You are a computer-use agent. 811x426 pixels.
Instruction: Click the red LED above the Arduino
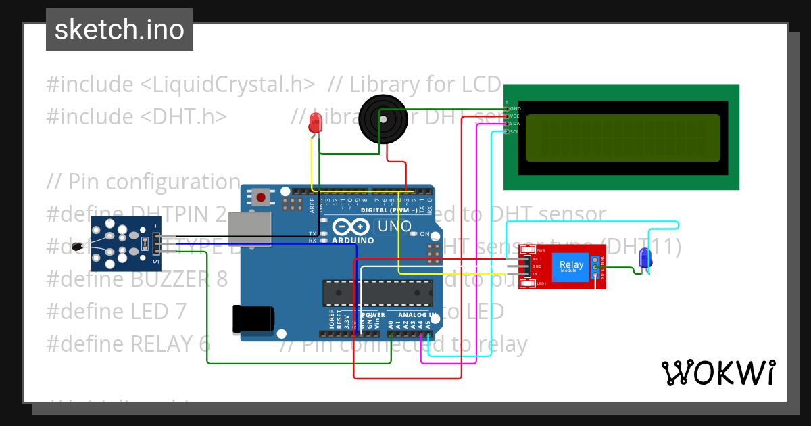point(315,124)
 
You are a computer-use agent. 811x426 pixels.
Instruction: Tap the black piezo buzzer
point(382,119)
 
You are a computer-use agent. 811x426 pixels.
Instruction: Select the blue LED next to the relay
point(645,258)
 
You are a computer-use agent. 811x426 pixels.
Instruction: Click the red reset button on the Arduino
point(261,198)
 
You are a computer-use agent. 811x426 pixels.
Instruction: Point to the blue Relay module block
point(570,267)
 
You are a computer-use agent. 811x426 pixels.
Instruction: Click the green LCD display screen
point(622,139)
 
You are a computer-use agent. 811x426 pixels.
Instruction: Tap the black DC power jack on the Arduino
point(253,319)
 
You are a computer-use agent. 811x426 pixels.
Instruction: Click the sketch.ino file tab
point(120,30)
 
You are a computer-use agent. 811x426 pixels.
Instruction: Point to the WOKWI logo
point(718,373)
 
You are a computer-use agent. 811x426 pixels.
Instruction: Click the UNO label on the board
point(394,227)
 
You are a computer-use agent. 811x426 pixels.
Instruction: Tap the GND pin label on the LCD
point(515,108)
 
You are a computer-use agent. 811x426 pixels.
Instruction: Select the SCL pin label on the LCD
point(514,131)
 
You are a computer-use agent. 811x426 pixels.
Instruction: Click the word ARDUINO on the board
point(352,241)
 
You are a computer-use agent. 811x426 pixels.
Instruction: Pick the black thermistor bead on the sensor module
point(80,247)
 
